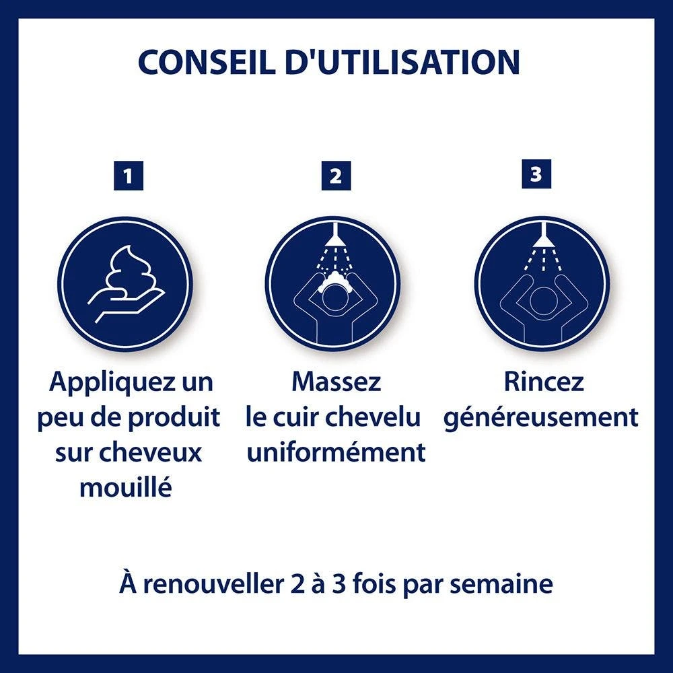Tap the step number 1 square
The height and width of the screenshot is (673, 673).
coord(128,176)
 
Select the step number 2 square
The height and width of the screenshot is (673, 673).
coord(336,176)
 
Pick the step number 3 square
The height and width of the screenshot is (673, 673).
coord(536,174)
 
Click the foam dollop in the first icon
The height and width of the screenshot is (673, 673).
coord(135,269)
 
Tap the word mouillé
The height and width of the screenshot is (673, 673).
coord(125,487)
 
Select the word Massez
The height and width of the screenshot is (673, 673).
coord(336,382)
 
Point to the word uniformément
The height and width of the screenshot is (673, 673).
coord(336,452)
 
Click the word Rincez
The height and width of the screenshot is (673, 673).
coord(544,382)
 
